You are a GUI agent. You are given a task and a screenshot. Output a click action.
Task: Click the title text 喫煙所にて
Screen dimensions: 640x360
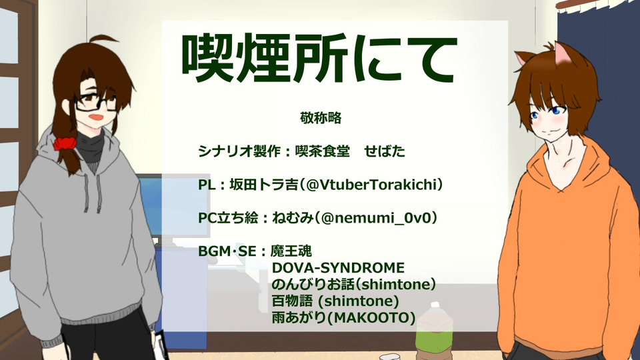point(319,58)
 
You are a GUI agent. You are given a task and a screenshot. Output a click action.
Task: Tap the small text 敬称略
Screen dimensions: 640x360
point(321,118)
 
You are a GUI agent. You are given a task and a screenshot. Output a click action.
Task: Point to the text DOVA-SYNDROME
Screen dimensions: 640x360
point(338,268)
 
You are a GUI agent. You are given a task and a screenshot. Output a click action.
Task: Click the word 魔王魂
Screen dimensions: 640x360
point(291,251)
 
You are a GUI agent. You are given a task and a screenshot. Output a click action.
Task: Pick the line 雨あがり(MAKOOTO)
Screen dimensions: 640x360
point(344,317)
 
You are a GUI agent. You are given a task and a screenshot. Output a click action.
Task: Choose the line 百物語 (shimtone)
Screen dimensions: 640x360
point(335,301)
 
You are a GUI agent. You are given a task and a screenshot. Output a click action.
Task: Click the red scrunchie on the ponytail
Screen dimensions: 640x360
point(65,144)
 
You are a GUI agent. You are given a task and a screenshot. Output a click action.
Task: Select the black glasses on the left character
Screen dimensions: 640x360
point(96,102)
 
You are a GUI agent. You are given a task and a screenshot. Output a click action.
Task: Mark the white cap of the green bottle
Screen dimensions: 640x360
point(435,305)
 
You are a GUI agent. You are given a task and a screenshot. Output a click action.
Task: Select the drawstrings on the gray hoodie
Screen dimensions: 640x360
point(93,192)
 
